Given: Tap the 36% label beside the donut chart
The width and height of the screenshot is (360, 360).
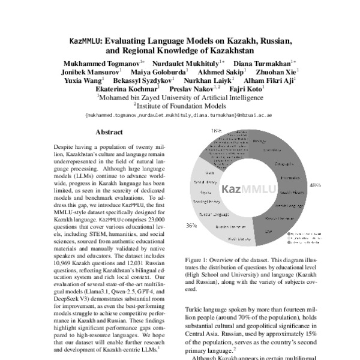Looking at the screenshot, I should pos(192,226).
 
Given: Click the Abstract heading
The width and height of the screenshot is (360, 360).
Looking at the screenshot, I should pos(109,132).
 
